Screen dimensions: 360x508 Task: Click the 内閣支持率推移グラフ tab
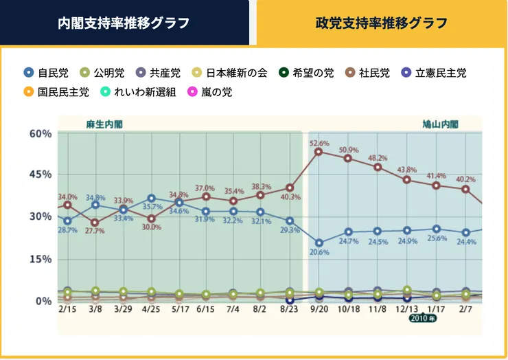click(x=124, y=23)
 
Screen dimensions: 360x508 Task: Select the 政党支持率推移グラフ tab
click(x=381, y=23)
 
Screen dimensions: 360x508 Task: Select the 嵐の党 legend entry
click(x=209, y=91)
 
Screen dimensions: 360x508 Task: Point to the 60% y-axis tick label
click(x=41, y=133)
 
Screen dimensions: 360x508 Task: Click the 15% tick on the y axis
click(x=41, y=259)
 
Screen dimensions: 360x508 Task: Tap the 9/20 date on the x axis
click(x=318, y=311)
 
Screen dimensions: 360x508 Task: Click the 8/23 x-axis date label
click(x=290, y=311)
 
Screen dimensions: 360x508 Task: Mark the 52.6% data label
click(x=319, y=143)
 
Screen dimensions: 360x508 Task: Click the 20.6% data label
click(x=319, y=252)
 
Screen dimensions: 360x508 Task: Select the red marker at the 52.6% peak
click(x=319, y=152)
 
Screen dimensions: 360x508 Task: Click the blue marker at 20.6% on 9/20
click(x=319, y=243)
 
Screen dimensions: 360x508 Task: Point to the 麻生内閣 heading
click(x=104, y=124)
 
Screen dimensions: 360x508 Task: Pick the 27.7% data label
click(x=95, y=232)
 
